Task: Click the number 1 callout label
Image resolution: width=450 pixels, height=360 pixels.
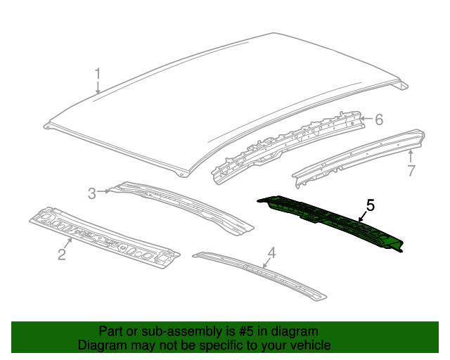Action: click(98, 73)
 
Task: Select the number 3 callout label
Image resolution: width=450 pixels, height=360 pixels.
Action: click(91, 193)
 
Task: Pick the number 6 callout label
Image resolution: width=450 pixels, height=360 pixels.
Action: click(378, 120)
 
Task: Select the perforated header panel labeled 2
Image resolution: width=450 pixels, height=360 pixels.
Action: click(105, 236)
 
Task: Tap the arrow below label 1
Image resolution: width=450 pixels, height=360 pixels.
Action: click(98, 87)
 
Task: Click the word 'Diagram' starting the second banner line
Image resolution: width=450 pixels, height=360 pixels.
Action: click(102, 345)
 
